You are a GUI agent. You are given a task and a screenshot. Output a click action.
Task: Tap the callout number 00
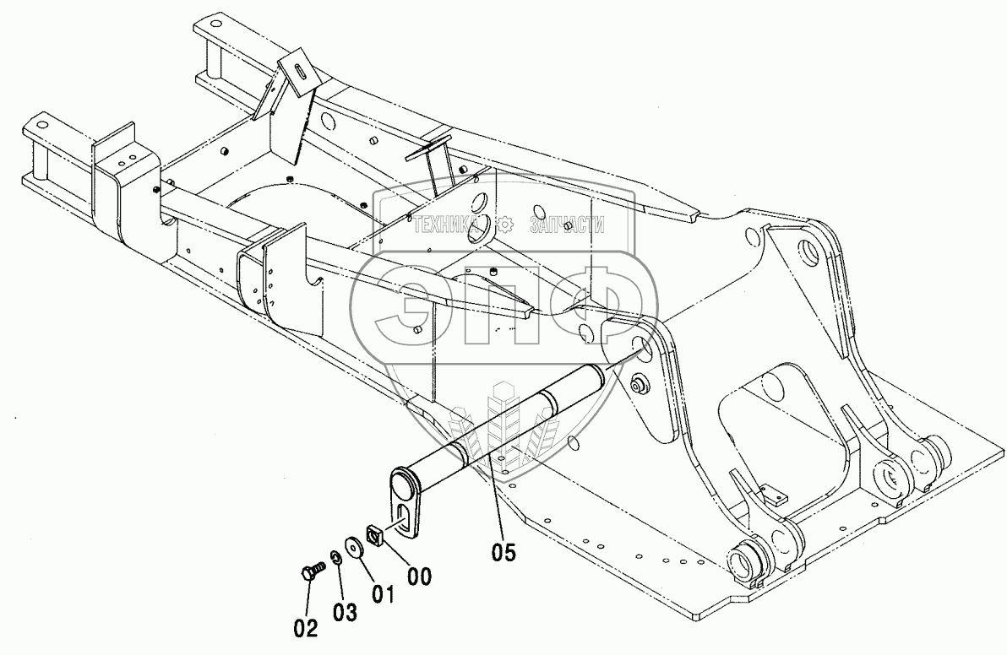tap(419, 577)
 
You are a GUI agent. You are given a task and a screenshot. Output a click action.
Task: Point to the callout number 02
tap(306, 627)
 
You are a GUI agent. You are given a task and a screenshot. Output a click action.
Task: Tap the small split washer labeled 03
tap(335, 557)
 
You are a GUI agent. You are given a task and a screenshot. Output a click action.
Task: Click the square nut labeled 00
tap(374, 534)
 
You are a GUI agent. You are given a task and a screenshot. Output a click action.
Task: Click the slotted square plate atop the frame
tap(297, 71)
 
